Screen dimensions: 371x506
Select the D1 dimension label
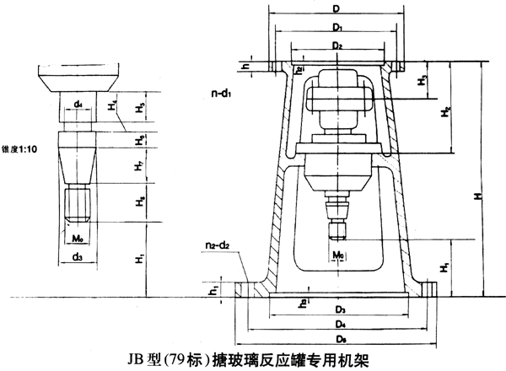coord(336,28)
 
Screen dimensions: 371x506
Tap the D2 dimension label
coord(336,44)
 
